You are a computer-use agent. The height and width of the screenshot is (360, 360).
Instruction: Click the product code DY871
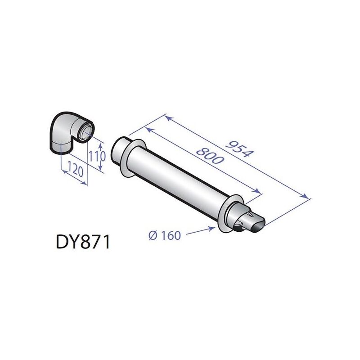click(83, 243)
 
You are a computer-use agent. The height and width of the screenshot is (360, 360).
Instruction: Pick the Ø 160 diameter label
click(164, 235)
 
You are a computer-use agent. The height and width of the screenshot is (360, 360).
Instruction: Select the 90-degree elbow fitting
click(68, 131)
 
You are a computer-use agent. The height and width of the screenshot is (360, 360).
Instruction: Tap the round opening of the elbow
click(86, 131)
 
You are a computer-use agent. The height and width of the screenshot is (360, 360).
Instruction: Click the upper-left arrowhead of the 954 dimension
click(167, 117)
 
